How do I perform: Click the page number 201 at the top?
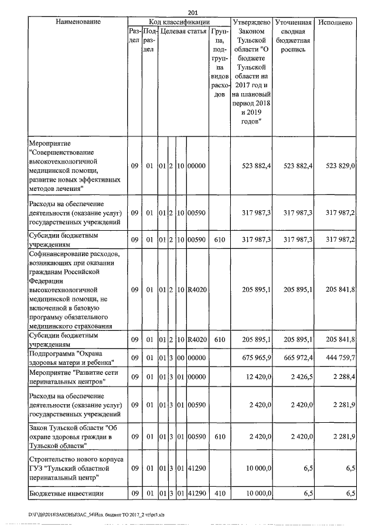point(193,12)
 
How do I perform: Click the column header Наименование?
point(75,22)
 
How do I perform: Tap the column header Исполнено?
point(336,22)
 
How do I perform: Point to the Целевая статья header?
point(183,31)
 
